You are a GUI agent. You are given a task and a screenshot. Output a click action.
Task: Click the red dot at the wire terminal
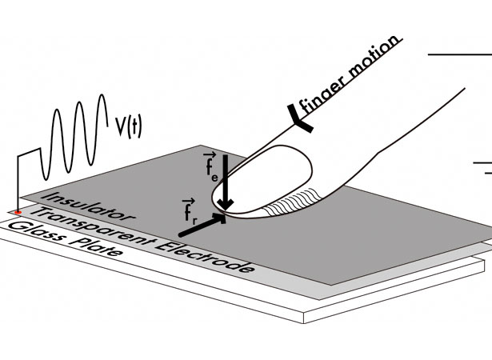(18, 213)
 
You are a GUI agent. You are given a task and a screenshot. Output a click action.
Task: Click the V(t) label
(128, 127)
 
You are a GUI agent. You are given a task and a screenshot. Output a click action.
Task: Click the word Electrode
(204, 258)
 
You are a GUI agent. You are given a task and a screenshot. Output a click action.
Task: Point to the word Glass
(35, 233)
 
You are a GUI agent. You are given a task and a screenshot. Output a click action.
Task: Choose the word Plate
(95, 247)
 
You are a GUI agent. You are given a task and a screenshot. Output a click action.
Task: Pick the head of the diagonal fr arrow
(220, 218)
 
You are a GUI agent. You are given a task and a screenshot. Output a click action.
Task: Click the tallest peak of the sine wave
(102, 95)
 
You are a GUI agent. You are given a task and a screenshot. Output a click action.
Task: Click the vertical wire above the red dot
(18, 183)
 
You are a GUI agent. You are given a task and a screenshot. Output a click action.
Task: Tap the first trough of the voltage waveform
(46, 179)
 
